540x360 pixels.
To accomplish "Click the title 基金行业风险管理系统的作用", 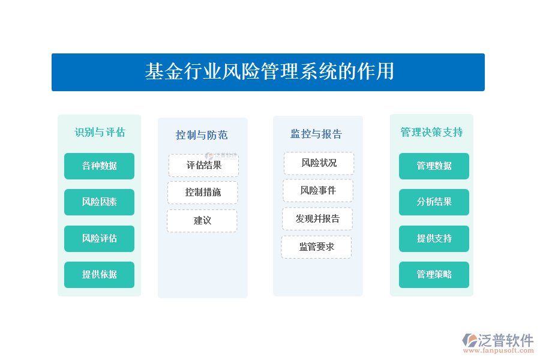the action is coord(269,71).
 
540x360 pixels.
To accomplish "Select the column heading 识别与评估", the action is coord(100,132).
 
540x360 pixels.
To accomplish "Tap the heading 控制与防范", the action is coord(202,135).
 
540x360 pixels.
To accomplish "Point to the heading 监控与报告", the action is coord(316,134).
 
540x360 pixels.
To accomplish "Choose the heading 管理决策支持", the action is coord(431,132).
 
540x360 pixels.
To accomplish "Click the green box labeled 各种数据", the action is coord(99,166).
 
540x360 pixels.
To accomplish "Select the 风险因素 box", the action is coord(99,202).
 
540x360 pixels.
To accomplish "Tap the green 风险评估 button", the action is coord(99,239).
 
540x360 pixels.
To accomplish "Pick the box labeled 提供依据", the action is coord(99,275).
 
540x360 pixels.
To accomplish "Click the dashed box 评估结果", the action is coord(203,166).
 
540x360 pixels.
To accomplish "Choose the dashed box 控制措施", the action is coord(203,192).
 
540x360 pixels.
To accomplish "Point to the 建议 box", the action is coord(202,220).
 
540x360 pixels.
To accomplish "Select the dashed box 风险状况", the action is coord(319,163).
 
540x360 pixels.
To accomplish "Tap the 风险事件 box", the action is coord(318,191).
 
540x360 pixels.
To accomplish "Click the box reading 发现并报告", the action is coord(317,219).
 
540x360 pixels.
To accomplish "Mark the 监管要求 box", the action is coord(316,247).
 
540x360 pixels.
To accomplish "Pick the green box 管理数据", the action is coord(434,166).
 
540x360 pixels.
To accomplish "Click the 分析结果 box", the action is coord(434,202).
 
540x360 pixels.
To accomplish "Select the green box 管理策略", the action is coord(434,275).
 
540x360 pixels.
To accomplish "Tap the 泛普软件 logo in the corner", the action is coord(498,343).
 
